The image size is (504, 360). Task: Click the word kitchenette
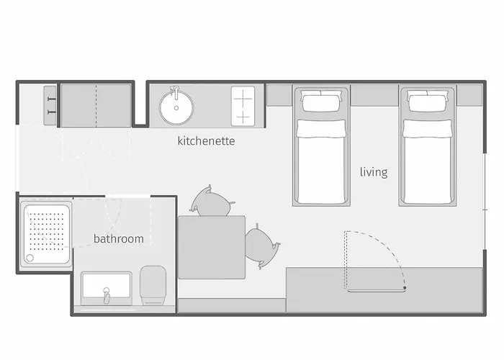tap(206, 141)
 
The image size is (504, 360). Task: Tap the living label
tap(374, 172)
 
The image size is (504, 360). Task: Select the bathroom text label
tap(118, 238)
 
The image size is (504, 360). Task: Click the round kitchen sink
tap(176, 108)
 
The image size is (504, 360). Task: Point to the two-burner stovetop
tap(243, 106)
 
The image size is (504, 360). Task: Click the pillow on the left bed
tap(320, 102)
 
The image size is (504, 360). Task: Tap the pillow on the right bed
tap(427, 102)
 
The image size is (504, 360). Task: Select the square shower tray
tap(45, 235)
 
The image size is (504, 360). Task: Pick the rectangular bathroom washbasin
tap(106, 290)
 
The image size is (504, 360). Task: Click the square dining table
tap(212, 247)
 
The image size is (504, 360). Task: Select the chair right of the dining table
tap(261, 246)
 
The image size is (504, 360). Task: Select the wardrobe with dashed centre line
tap(96, 104)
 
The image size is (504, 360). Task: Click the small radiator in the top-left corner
tap(50, 106)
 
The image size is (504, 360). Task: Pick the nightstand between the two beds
tap(374, 96)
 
